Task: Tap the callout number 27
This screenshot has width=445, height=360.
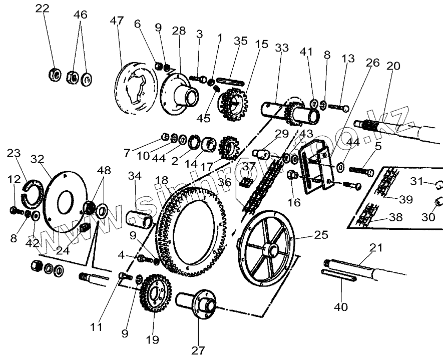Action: pyautogui.click(x=198, y=349)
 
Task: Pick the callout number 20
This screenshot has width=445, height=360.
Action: pyautogui.click(x=393, y=66)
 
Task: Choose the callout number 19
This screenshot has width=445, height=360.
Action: pyautogui.click(x=153, y=340)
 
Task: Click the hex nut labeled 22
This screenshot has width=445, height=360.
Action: pyautogui.click(x=55, y=76)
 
